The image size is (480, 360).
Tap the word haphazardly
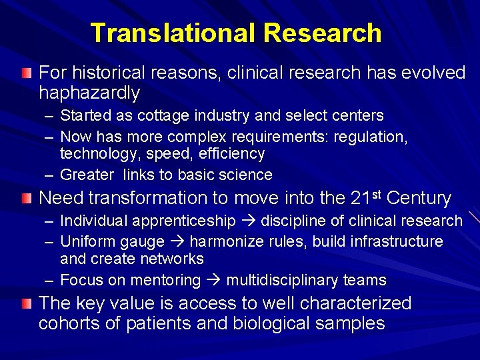click(89, 93)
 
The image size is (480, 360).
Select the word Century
click(419, 198)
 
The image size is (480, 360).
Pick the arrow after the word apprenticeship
click(248, 221)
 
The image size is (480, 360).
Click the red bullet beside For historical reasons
click(26, 72)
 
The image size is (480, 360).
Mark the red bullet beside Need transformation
click(26, 198)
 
